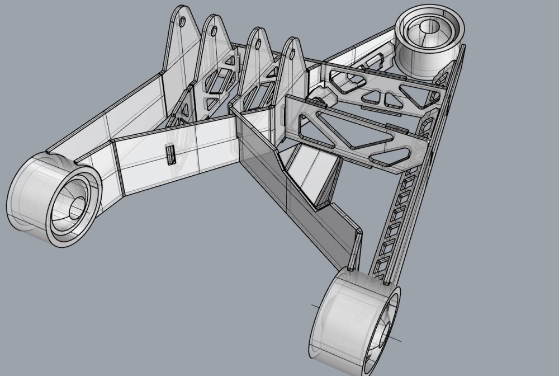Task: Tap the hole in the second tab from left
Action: (214, 32)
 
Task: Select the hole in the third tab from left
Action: (259, 43)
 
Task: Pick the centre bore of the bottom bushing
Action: (386, 336)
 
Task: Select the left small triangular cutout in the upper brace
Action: (371, 99)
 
